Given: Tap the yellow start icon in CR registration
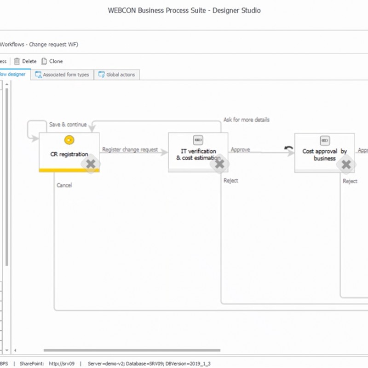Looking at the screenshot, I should [x=69, y=140].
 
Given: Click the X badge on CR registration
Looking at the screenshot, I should [x=91, y=163].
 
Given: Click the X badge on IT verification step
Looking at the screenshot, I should [x=220, y=163].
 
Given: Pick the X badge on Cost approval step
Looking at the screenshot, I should [x=346, y=164].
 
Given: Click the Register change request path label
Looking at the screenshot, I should [x=130, y=149].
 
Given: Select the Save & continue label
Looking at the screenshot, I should [x=68, y=124].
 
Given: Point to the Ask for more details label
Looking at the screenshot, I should [x=247, y=120].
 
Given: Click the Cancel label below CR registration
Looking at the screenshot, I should [x=64, y=185].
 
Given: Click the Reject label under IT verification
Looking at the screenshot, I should [x=231, y=180].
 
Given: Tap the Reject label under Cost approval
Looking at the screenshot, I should [x=350, y=181].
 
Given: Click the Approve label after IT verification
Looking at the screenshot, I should [x=240, y=149].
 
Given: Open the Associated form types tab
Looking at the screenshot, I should [x=62, y=75].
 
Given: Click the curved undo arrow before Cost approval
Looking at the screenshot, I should [x=289, y=149].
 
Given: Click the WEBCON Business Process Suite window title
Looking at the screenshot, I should [x=184, y=10].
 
